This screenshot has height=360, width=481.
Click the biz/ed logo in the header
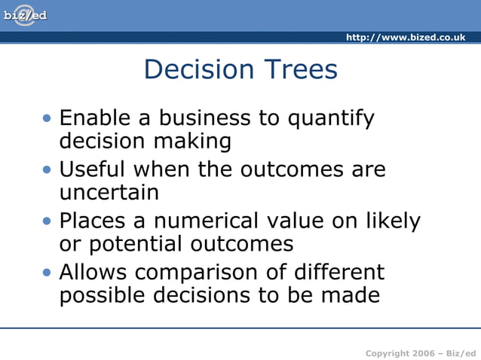[x=24, y=15]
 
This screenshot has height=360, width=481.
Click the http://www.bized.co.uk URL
[x=405, y=38]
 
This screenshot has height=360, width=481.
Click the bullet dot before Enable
[x=48, y=118]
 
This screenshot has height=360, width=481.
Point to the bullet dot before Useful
[x=48, y=169]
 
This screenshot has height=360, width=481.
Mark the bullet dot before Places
[x=48, y=221]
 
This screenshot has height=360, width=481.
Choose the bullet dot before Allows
[x=48, y=272]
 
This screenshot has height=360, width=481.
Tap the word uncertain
[x=109, y=193]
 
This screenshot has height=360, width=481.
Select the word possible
[x=105, y=296]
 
